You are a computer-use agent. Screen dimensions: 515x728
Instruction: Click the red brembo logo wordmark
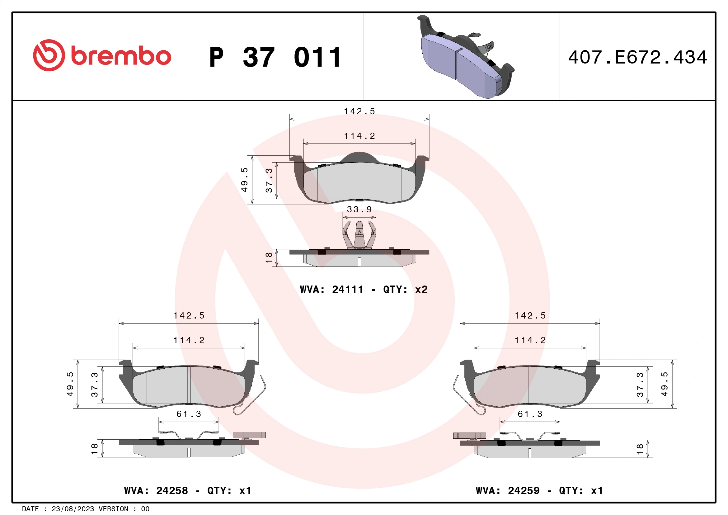(120, 56)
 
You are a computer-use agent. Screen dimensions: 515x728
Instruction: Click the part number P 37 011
(275, 57)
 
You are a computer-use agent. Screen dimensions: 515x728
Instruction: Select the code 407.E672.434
(637, 57)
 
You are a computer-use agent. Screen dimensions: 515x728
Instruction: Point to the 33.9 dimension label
(359, 209)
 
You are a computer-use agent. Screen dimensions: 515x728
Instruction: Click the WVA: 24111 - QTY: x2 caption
(363, 289)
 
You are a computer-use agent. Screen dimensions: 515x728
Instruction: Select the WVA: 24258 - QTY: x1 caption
(188, 491)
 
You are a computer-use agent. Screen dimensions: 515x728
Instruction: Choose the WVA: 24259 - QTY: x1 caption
(539, 491)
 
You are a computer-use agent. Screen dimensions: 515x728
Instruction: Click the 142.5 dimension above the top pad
(359, 111)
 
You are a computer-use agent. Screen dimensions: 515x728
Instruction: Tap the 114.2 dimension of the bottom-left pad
(189, 340)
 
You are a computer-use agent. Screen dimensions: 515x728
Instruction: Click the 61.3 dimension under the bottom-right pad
(530, 414)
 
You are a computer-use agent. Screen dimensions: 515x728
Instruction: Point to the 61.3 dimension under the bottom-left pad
(189, 414)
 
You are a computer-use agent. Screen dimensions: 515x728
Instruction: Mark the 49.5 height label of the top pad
(244, 179)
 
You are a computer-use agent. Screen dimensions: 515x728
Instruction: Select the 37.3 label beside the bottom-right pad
(640, 384)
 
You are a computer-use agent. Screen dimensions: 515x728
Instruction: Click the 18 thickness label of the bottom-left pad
(94, 448)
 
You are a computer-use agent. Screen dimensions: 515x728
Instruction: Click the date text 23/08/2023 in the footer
(73, 509)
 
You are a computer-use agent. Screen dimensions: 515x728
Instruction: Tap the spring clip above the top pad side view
(359, 235)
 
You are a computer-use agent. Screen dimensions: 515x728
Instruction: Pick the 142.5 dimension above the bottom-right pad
(530, 315)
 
